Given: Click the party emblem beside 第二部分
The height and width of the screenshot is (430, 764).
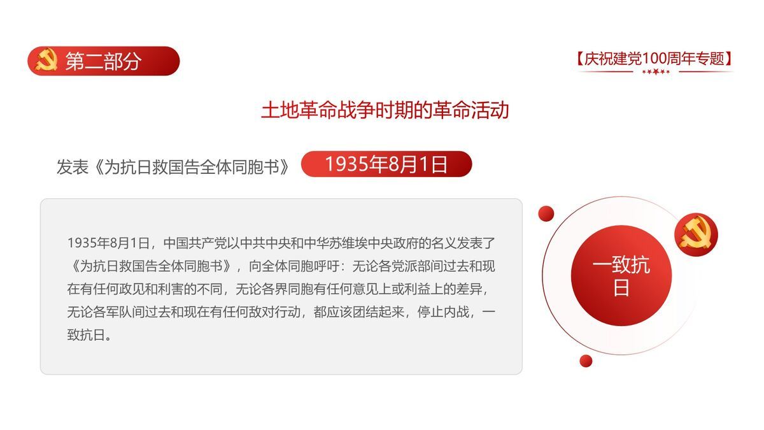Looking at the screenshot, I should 46,61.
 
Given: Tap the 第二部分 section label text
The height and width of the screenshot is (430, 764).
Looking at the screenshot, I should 103,61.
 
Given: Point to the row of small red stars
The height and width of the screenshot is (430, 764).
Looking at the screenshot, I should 656,72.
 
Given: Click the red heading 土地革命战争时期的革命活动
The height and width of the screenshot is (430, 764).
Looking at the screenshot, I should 385,110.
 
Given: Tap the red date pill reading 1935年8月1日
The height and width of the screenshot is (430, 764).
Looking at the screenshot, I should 386,164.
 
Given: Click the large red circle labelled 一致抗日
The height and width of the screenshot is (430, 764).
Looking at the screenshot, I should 621,275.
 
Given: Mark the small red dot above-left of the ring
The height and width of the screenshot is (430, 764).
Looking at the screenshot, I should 546,213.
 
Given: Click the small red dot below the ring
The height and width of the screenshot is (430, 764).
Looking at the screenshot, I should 586,361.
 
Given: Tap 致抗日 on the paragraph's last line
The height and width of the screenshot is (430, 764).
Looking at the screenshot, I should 82,335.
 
